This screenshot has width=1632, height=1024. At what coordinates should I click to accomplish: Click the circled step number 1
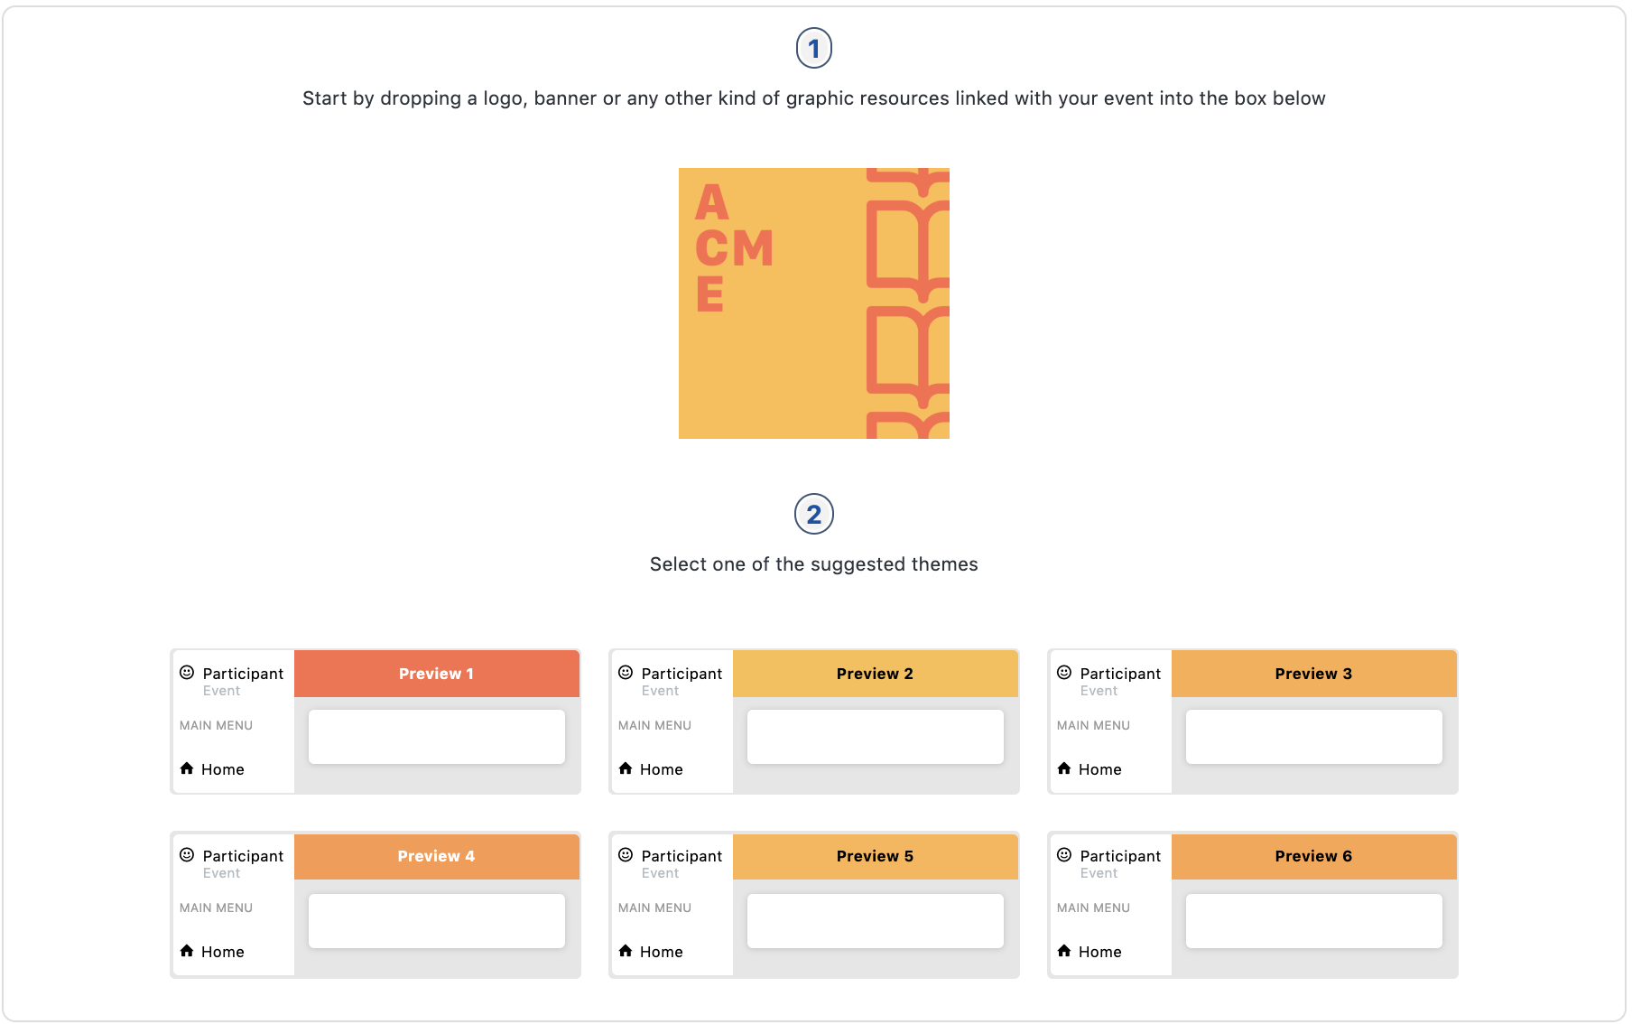813,48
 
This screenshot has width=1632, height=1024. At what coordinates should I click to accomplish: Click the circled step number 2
813,514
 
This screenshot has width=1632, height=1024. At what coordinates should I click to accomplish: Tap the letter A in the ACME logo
711,202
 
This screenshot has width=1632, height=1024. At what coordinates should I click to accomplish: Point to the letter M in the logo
754,248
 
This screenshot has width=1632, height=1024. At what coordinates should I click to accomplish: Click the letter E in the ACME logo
709,294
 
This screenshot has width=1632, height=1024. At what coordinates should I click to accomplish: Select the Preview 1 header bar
436,674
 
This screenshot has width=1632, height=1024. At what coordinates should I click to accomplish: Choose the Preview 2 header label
874,674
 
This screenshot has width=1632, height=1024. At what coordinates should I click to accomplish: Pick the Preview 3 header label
1312,674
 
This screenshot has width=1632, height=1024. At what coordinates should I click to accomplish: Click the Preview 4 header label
436,856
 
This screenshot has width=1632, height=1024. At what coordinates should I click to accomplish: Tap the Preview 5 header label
874,856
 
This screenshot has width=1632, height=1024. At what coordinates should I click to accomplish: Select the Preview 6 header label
1312,856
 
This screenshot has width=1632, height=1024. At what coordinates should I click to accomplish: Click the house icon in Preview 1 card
187,768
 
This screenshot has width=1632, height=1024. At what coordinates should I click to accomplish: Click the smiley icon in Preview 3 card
1064,672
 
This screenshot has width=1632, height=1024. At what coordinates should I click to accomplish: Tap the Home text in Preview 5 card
661,952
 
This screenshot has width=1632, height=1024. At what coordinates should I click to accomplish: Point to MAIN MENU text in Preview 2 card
654,725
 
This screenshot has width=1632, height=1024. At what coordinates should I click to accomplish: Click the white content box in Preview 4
436,920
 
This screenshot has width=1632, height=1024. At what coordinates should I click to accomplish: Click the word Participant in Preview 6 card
1120,856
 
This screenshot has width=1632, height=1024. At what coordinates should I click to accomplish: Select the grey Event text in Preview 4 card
221,873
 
